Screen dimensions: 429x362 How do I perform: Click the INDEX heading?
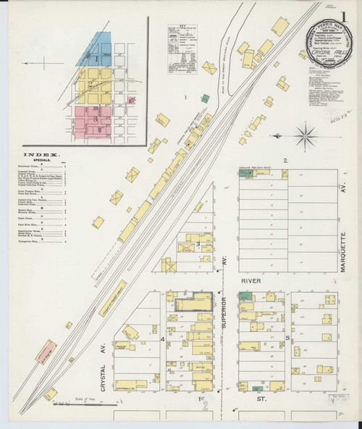point(43,154)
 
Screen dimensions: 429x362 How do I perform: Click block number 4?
point(163,338)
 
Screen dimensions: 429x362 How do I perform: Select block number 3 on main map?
point(198,245)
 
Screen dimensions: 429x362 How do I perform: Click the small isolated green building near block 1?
point(205,98)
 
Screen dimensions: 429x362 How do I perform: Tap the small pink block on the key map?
point(131,101)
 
